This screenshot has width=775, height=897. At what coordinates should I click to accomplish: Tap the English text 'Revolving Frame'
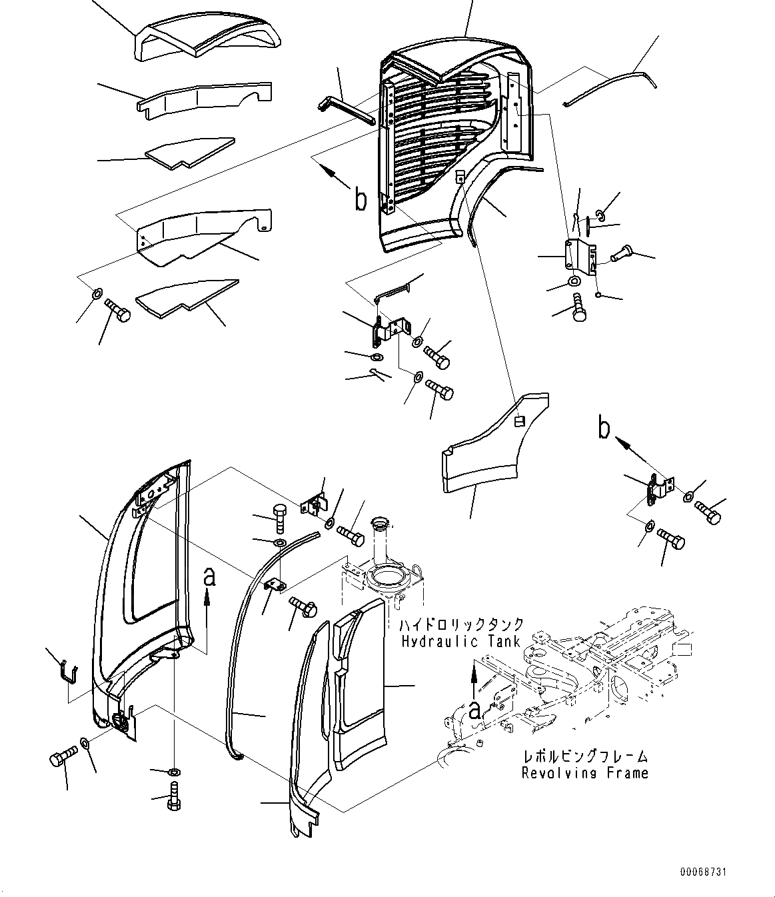tap(584, 773)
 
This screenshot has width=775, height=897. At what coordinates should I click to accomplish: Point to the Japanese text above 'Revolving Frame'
tap(585, 757)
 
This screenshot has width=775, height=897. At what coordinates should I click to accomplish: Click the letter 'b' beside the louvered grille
tap(360, 199)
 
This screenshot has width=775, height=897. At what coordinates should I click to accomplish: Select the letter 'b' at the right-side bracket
tap(604, 430)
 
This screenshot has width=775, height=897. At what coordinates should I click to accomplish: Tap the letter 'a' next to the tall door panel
tap(209, 578)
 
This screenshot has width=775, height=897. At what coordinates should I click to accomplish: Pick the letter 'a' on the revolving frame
tap(474, 710)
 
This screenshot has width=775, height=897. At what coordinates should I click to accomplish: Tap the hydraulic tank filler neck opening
tap(387, 572)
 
